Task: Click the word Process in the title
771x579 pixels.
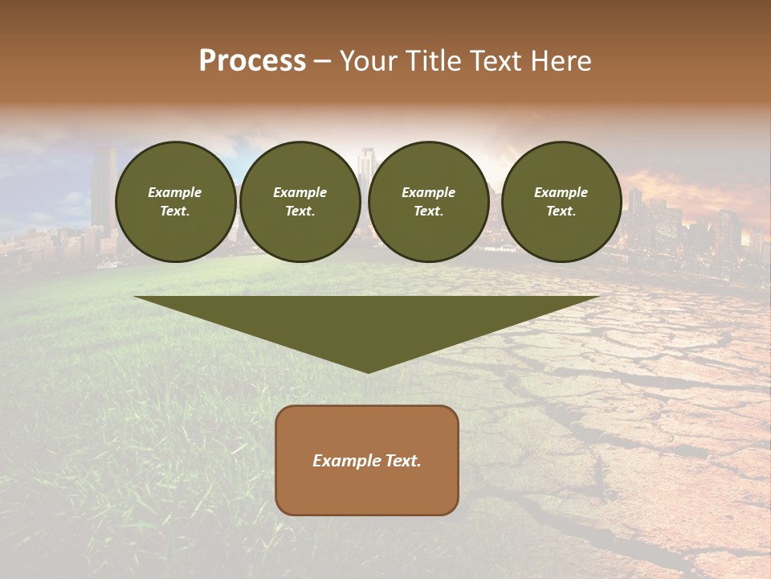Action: point(252,61)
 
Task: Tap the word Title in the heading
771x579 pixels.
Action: point(432,61)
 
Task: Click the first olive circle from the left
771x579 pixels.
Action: point(175,202)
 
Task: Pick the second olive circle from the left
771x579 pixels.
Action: point(300,202)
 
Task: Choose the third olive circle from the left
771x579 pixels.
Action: point(428,202)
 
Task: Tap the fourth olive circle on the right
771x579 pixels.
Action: point(561,202)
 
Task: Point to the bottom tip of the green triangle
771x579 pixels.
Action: point(368,371)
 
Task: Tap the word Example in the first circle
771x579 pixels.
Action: point(175,192)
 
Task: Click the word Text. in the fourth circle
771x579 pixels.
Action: point(561,211)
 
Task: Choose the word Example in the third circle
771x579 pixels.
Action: point(428,192)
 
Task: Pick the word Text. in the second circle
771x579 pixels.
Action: point(300,211)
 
